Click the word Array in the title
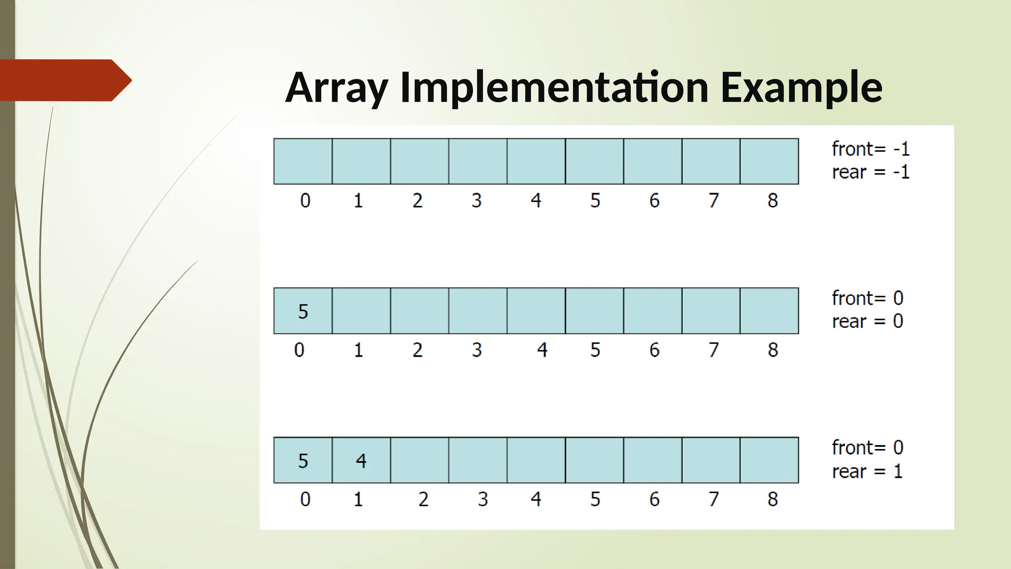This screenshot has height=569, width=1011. pyautogui.click(x=337, y=88)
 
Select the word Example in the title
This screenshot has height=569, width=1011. pyautogui.click(x=801, y=88)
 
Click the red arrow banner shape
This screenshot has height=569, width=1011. pyautogui.click(x=64, y=80)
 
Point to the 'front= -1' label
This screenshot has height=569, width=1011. pyautogui.click(x=870, y=149)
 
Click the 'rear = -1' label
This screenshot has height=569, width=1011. pyautogui.click(x=870, y=172)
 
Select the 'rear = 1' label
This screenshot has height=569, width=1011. pyautogui.click(x=867, y=471)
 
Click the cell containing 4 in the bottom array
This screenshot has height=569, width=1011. pyautogui.click(x=361, y=460)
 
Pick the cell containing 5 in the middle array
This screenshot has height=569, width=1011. pyautogui.click(x=303, y=311)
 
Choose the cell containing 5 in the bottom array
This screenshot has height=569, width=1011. pyautogui.click(x=303, y=460)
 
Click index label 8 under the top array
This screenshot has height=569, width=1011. pyautogui.click(x=773, y=201)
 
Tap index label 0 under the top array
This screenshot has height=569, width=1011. pyautogui.click(x=305, y=201)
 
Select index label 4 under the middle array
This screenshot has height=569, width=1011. pyautogui.click(x=542, y=350)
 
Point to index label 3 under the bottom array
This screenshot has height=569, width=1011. pyautogui.click(x=482, y=499)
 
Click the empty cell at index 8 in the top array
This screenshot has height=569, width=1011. pyautogui.click(x=769, y=162)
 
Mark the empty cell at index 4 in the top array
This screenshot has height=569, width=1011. pyautogui.click(x=536, y=162)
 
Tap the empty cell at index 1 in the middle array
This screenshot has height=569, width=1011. pyautogui.click(x=361, y=311)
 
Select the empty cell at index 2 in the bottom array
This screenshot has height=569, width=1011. pyautogui.click(x=420, y=460)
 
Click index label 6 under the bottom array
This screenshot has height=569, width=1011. pyautogui.click(x=654, y=499)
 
